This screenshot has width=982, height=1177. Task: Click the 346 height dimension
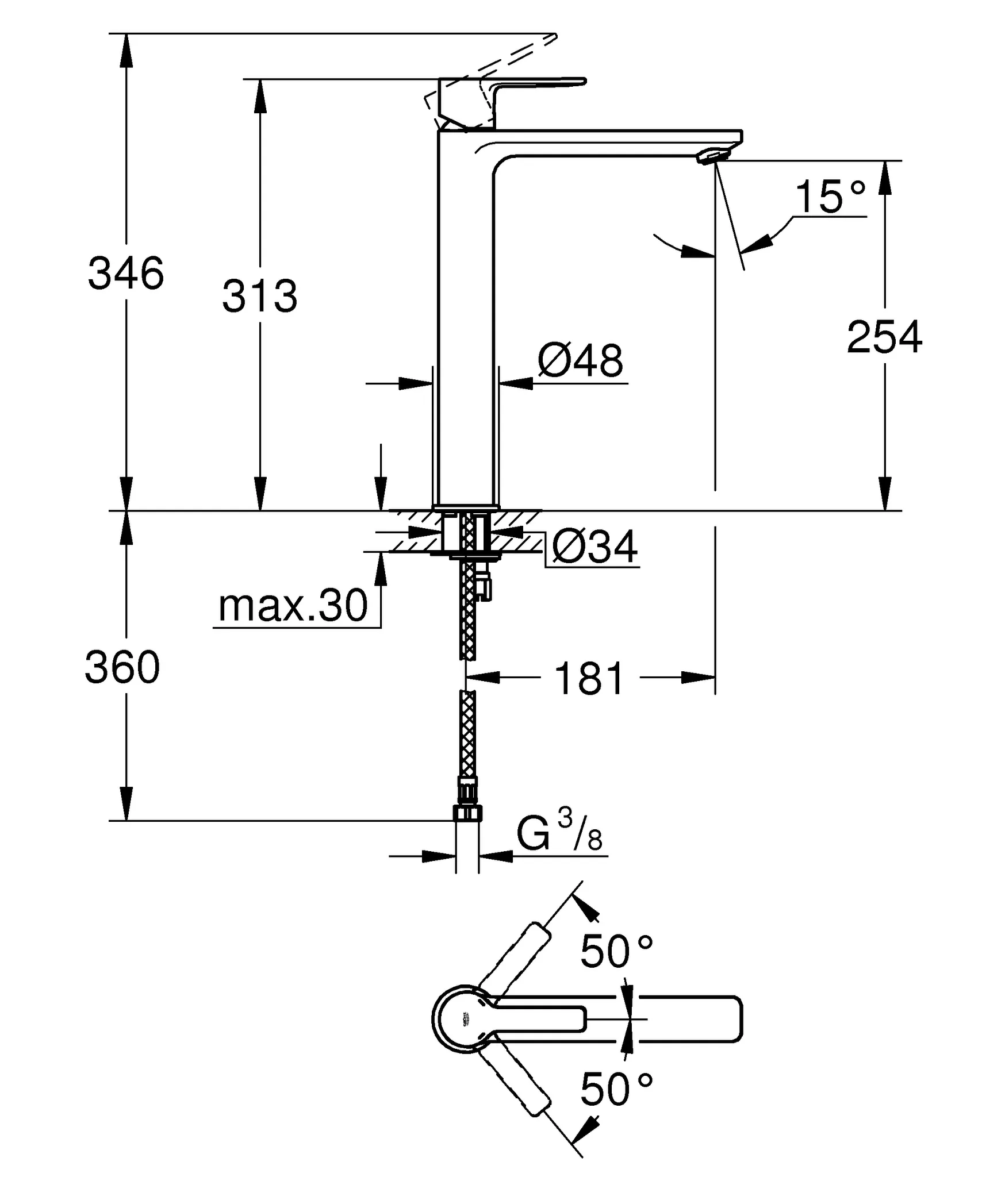click(x=125, y=274)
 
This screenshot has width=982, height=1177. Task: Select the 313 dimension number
click(x=260, y=297)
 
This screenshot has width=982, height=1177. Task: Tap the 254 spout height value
click(x=884, y=338)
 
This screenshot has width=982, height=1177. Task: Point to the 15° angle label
click(x=830, y=197)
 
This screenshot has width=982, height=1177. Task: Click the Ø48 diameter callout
click(x=580, y=361)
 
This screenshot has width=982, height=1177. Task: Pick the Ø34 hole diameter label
click(x=594, y=547)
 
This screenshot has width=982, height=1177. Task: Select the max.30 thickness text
click(x=293, y=605)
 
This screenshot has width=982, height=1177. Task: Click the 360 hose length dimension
click(x=122, y=668)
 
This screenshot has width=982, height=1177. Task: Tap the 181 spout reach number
click(x=589, y=679)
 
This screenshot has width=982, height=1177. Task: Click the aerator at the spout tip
click(x=713, y=156)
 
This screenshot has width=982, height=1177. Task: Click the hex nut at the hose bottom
click(x=467, y=813)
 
